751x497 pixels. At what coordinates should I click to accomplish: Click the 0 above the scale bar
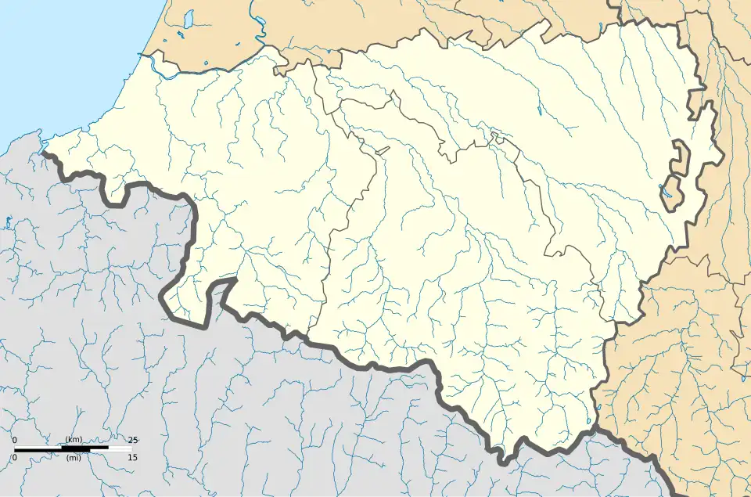(x=15, y=440)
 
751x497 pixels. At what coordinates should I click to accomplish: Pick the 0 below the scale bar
(x=15, y=458)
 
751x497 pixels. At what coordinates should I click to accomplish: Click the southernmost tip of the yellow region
(x=505, y=462)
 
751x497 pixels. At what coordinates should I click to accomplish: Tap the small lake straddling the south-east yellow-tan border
(x=598, y=408)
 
